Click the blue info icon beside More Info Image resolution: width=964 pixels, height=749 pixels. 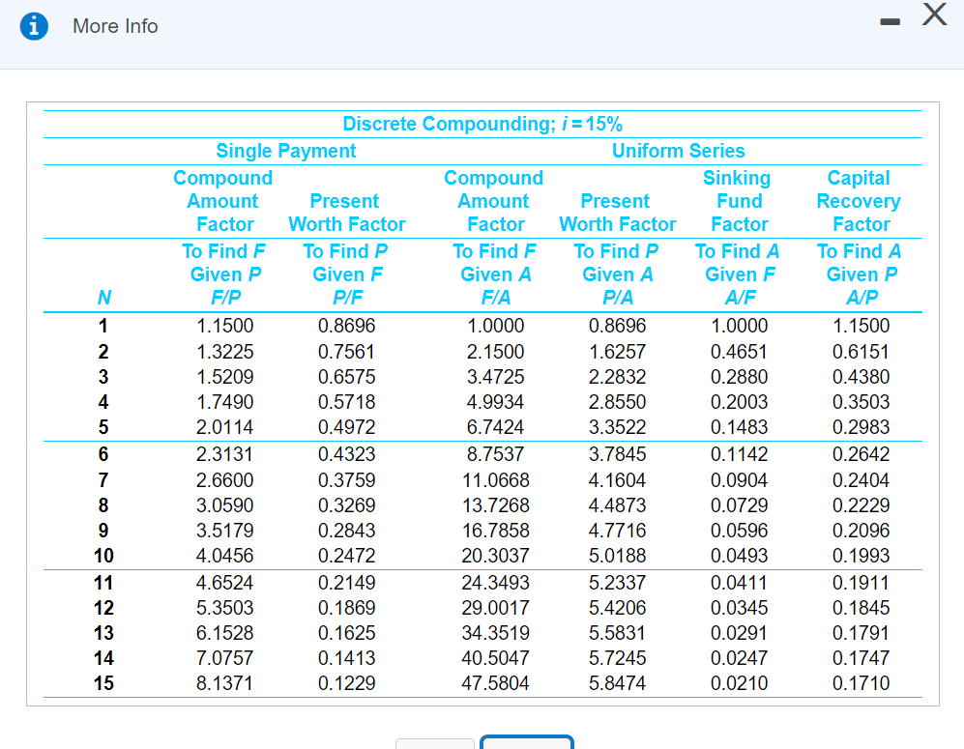pyautogui.click(x=37, y=27)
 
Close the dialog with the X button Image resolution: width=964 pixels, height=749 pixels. pyautogui.click(x=933, y=14)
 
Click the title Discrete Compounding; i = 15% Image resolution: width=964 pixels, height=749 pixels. pyautogui.click(x=482, y=124)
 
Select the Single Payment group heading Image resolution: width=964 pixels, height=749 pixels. pyautogui.click(x=285, y=151)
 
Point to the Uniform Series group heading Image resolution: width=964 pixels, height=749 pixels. pyautogui.click(x=678, y=151)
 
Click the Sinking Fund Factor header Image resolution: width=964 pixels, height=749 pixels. pyautogui.click(x=738, y=201)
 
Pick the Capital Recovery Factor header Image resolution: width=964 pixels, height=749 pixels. pyautogui.click(x=859, y=201)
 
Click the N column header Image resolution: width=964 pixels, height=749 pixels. pyautogui.click(x=102, y=299)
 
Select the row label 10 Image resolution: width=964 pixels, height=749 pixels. pyautogui.click(x=102, y=556)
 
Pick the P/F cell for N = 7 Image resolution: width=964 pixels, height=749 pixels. pyautogui.click(x=346, y=480)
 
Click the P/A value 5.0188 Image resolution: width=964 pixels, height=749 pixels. pyautogui.click(x=617, y=556)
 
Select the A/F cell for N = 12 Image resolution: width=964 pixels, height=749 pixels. pyautogui.click(x=739, y=608)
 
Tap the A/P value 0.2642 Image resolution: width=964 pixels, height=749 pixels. pyautogui.click(x=861, y=454)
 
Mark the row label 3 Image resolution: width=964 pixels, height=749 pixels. pyautogui.click(x=102, y=377)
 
